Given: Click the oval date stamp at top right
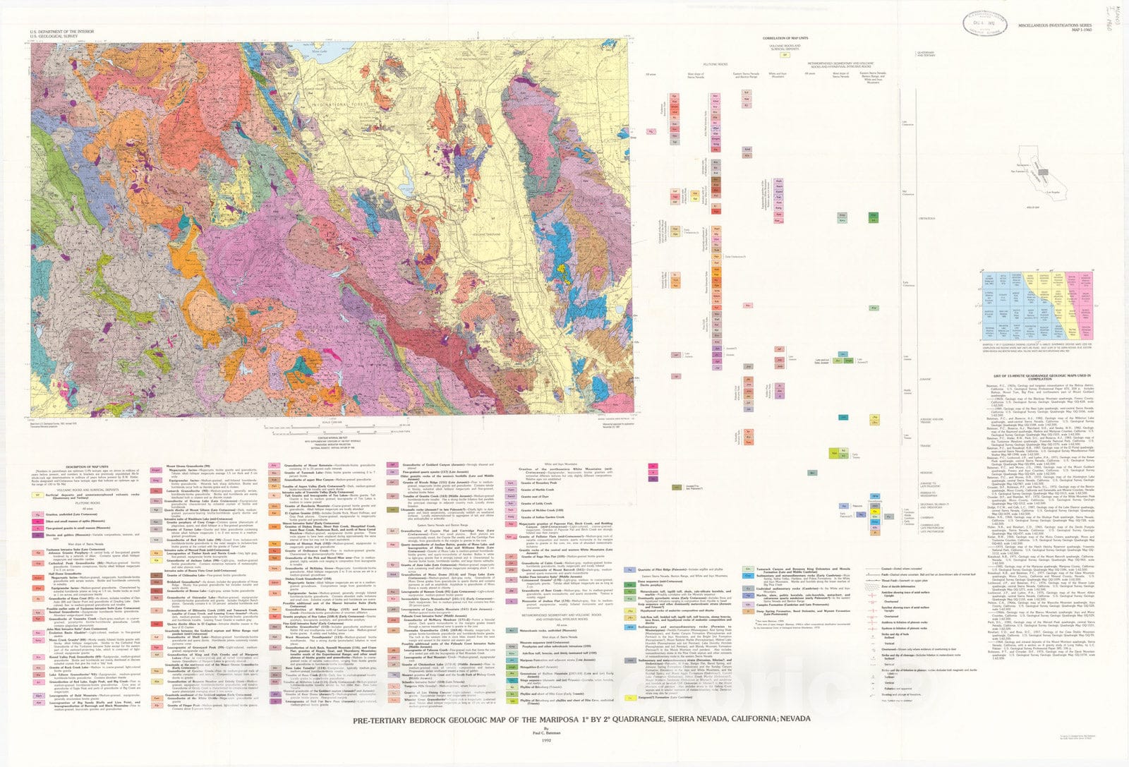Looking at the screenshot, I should click(986, 23).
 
